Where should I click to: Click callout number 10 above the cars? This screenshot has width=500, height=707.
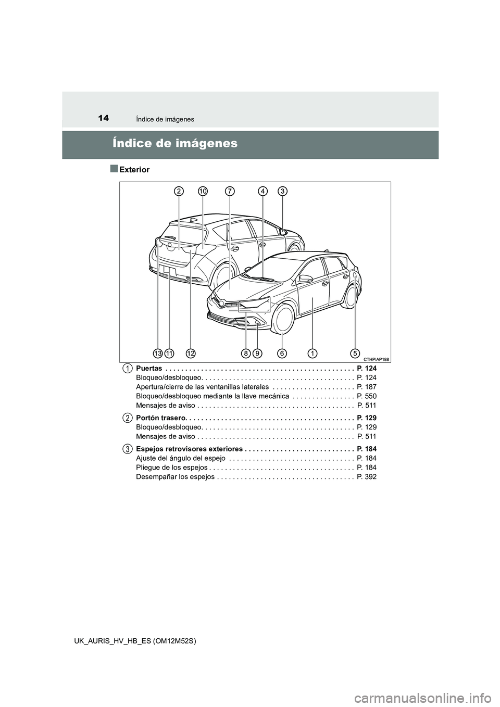tap(203, 192)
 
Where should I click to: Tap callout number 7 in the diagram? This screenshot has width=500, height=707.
tap(229, 192)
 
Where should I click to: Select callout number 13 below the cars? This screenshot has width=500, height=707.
tap(158, 353)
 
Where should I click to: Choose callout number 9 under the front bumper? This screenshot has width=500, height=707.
tap(258, 353)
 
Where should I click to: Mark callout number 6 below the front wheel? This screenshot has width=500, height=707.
tap(282, 353)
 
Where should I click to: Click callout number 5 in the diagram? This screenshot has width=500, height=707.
tap(355, 353)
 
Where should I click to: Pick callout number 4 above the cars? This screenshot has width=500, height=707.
tap(264, 192)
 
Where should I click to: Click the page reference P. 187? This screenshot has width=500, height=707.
tap(367, 387)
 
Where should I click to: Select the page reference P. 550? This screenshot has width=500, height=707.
tap(367, 396)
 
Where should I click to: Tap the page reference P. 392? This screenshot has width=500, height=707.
tap(367, 477)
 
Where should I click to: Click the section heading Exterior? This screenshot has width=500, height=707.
tap(134, 170)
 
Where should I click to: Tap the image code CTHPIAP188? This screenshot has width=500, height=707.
tap(376, 359)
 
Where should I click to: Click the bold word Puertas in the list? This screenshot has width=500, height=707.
tap(148, 368)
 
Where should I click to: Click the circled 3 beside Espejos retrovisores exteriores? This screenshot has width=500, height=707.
tap(127, 449)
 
